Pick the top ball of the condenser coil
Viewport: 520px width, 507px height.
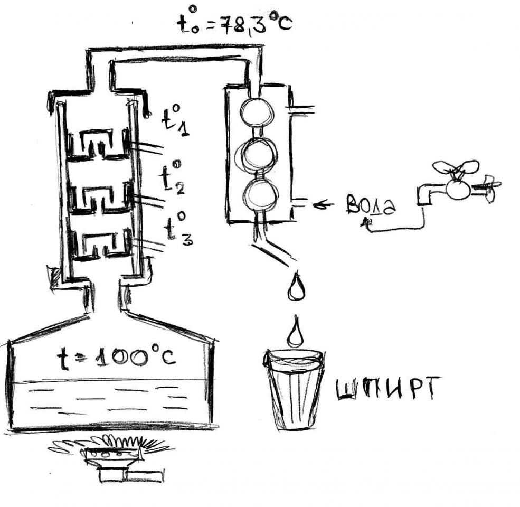coord(257,112)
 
